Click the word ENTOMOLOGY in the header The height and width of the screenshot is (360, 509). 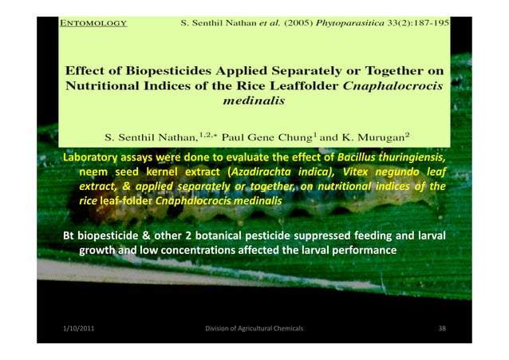[x=93, y=23]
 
